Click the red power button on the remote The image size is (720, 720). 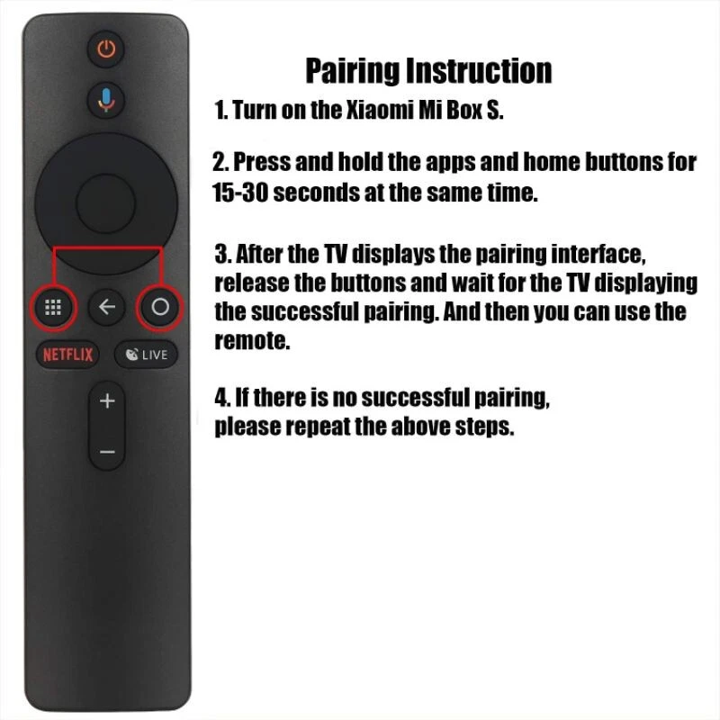(107, 49)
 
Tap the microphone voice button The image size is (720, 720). (107, 99)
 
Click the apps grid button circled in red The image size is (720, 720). (52, 308)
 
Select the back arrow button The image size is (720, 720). (107, 308)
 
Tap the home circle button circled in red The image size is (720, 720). (160, 308)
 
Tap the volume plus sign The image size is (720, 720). (107, 400)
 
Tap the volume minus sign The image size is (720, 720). (107, 451)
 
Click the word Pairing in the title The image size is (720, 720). (353, 70)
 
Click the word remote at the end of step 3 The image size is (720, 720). (253, 341)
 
